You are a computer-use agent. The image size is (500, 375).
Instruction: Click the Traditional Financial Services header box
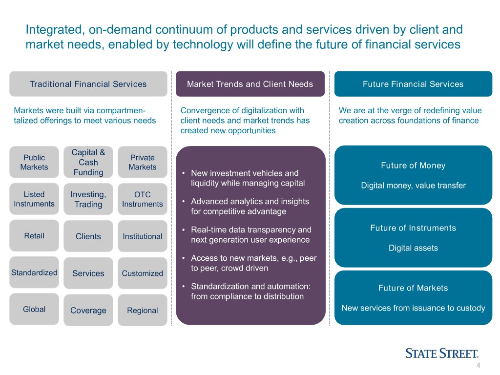point(88,84)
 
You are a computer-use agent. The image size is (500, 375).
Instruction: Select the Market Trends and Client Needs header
point(250,84)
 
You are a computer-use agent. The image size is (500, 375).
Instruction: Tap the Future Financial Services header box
point(413,84)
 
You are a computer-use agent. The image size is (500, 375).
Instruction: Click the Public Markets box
point(34,163)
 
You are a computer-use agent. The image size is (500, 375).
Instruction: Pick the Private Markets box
point(142,163)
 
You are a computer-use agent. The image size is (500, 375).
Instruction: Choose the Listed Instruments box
point(34,199)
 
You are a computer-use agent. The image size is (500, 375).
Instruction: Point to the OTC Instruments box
point(142,200)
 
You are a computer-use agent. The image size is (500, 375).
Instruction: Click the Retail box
point(34,236)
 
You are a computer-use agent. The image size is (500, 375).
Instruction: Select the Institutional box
point(142,236)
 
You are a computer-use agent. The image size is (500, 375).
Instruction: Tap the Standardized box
point(34,272)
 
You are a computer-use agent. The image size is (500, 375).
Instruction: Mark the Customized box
point(142,273)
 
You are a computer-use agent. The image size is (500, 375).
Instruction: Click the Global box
point(34,309)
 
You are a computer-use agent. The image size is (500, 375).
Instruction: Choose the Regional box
point(142,311)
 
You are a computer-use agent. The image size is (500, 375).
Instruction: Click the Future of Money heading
point(413,166)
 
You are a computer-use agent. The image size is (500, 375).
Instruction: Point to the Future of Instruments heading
point(413,228)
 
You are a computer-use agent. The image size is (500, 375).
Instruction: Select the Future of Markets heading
point(413,288)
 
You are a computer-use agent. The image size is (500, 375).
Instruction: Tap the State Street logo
point(441,354)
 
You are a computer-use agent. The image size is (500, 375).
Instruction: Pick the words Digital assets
point(413,248)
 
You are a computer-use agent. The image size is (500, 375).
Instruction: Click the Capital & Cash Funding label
point(88,162)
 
